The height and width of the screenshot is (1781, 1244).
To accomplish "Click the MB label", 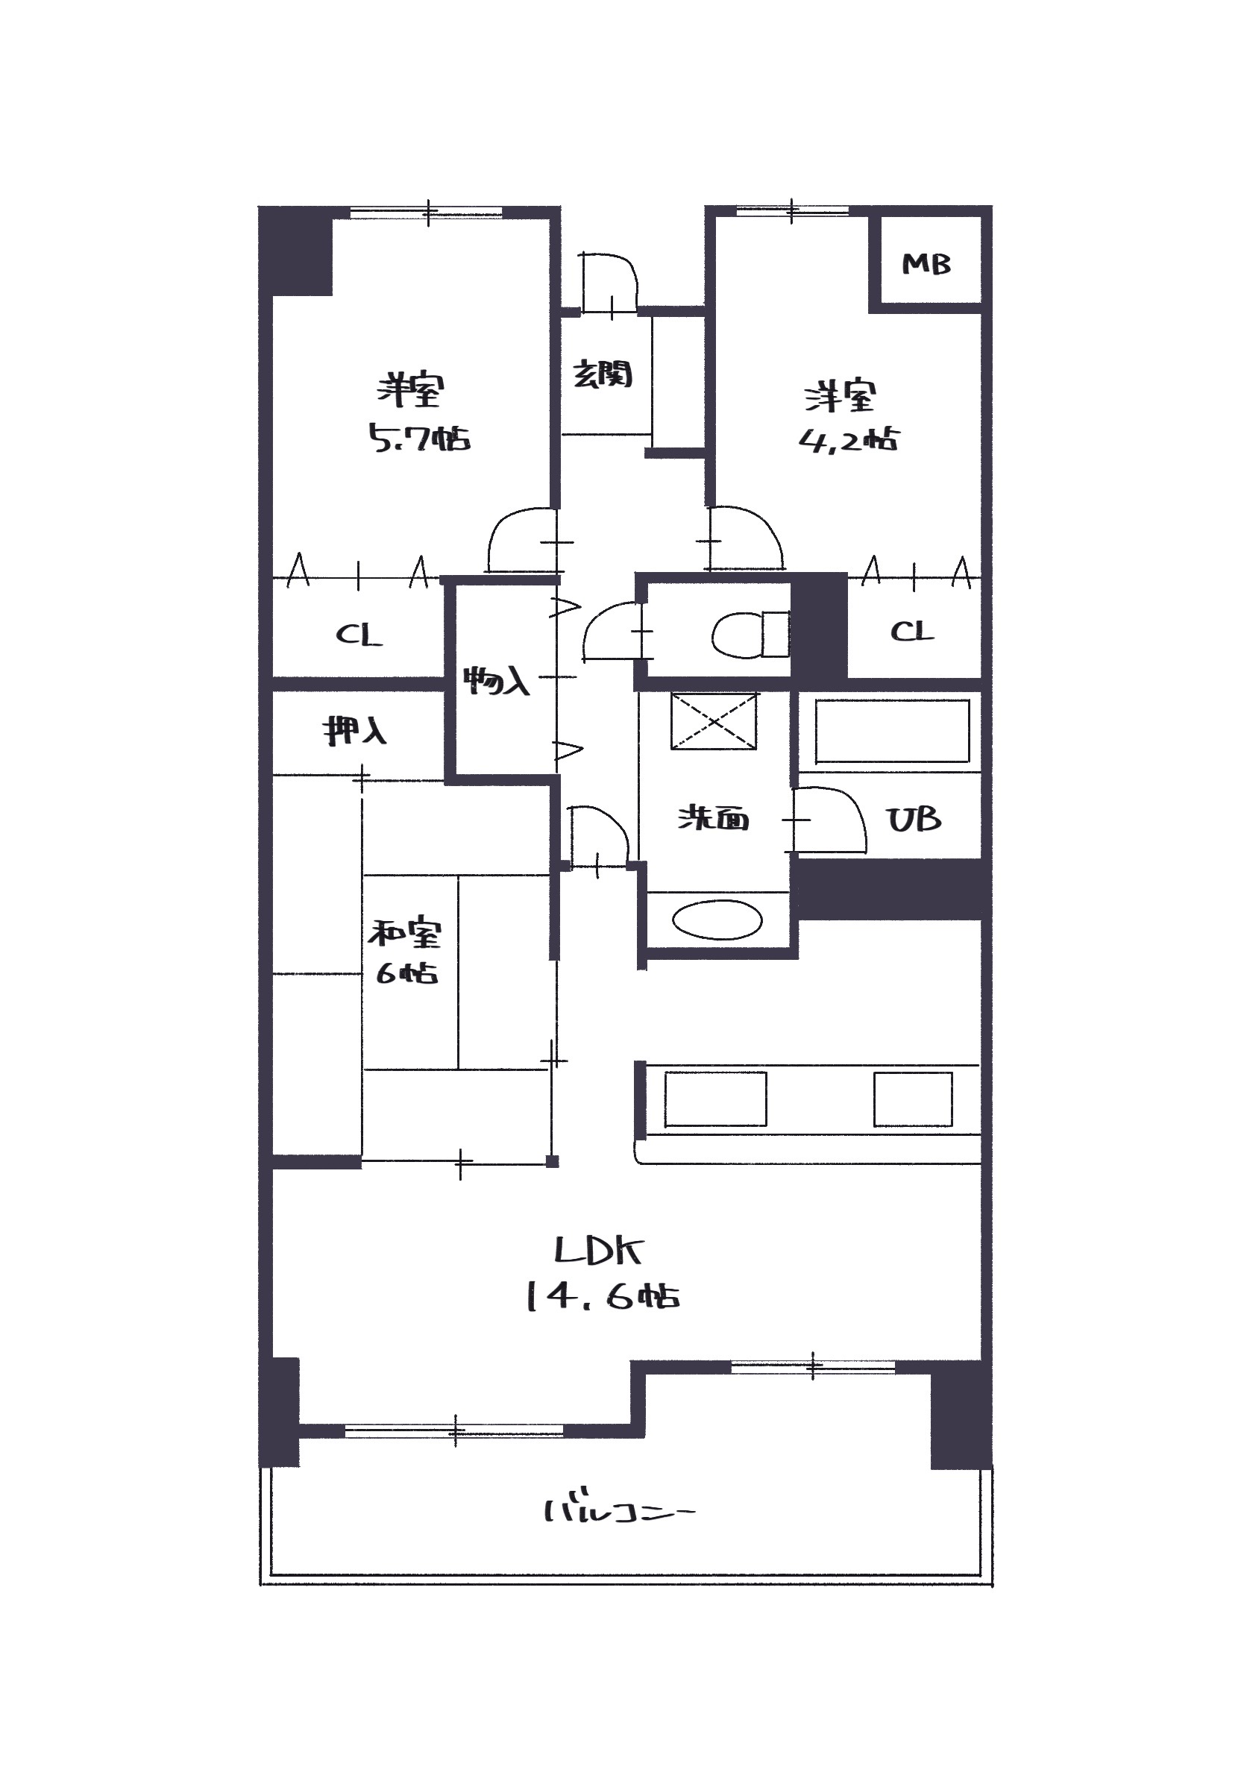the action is tap(926, 265).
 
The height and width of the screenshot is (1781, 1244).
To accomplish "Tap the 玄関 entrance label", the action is tap(603, 374).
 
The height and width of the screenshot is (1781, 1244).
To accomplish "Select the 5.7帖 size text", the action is tap(419, 439).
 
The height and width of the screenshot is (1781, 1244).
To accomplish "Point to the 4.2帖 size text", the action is tap(849, 440).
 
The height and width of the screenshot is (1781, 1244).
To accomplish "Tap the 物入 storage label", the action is tap(497, 680).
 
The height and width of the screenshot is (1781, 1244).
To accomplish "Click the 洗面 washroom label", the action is tap(714, 818).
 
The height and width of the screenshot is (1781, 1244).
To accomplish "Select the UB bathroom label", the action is tap(914, 819).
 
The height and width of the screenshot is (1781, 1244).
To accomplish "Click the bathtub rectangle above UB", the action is tap(892, 732).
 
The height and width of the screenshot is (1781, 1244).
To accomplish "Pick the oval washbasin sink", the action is tap(717, 921).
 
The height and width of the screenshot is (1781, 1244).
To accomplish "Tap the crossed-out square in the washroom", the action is tap(714, 721).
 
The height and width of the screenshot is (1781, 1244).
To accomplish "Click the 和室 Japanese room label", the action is tap(405, 933).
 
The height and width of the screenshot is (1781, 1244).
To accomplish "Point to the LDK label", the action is tap(599, 1251).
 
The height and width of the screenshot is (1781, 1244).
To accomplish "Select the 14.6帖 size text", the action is tap(603, 1296).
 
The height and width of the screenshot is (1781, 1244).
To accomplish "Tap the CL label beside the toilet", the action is tap(912, 632).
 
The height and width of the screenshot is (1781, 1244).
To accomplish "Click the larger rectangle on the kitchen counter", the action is tap(715, 1099).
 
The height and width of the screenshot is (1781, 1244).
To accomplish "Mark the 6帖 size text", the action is tap(406, 973).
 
